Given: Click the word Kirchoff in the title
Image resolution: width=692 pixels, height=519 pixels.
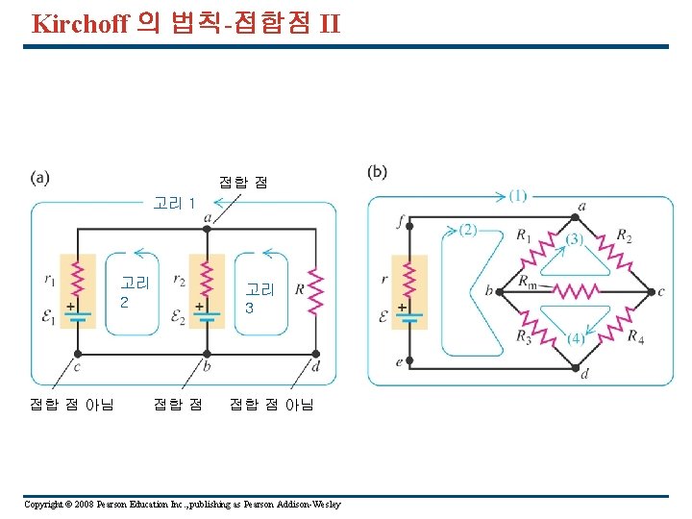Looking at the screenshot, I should [x=80, y=23].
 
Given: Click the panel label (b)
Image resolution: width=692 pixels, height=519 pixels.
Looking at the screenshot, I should [x=377, y=172].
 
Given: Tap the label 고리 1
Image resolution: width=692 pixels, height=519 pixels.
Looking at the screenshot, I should [x=174, y=203].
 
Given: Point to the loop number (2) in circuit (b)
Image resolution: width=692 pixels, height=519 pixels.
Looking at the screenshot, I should [x=467, y=230].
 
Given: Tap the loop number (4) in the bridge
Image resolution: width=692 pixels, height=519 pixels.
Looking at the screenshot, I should [x=575, y=338].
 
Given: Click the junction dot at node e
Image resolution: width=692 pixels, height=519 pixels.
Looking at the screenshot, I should [x=408, y=360].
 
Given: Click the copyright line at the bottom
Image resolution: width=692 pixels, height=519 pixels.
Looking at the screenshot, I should [x=182, y=505].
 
